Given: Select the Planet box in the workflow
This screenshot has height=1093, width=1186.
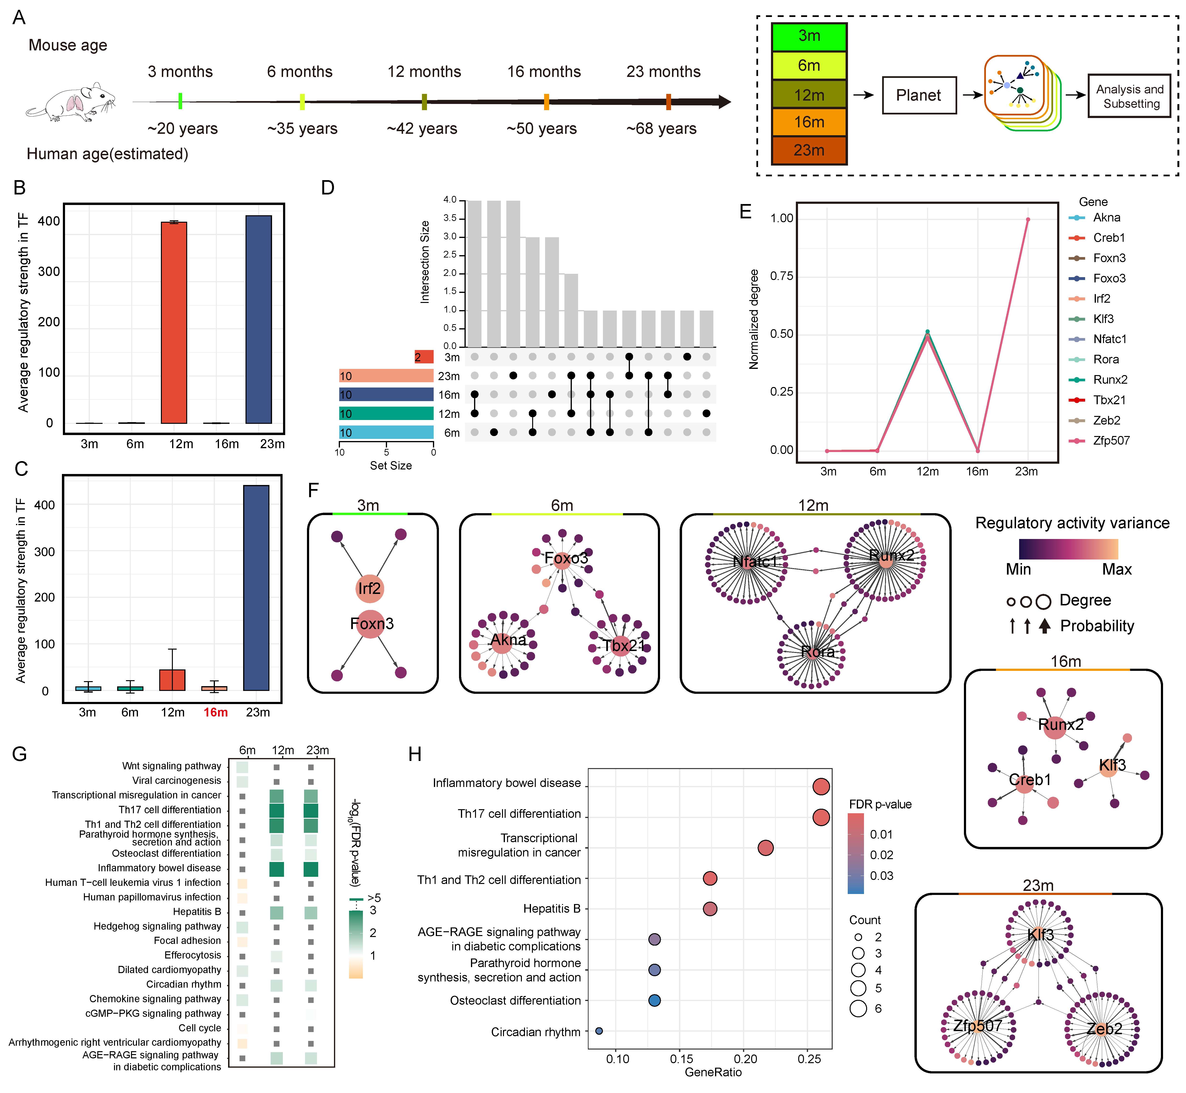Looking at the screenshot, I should tap(918, 95).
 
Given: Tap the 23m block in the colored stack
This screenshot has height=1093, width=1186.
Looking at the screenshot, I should tap(809, 150).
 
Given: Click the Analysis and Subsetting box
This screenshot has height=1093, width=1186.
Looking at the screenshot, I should tap(1129, 96).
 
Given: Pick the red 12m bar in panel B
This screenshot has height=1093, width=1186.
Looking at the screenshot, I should tap(174, 322).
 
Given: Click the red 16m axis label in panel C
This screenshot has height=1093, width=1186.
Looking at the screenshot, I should tap(215, 712).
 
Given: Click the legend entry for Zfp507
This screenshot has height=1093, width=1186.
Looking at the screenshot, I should tap(1111, 441).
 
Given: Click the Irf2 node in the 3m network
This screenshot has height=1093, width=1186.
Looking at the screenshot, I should tap(369, 588).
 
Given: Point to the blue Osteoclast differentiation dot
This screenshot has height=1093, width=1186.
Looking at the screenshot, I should tap(654, 1000).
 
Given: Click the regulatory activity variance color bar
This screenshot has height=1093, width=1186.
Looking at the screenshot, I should tap(1068, 549).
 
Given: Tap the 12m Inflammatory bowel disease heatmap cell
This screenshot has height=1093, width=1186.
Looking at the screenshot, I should tap(276, 868).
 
